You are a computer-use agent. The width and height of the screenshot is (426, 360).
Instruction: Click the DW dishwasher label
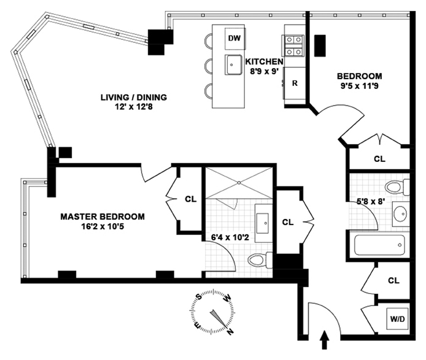(x=234, y=38)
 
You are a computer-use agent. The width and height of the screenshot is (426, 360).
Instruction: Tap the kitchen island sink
(x=233, y=64)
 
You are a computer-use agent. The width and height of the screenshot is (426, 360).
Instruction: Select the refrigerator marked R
(x=295, y=83)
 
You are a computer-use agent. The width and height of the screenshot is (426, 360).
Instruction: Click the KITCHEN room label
(x=264, y=62)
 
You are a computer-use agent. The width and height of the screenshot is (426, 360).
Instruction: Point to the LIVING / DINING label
(x=134, y=97)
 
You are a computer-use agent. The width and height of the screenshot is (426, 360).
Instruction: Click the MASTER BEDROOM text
(x=103, y=216)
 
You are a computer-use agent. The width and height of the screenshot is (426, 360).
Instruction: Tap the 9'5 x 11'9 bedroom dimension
(x=360, y=86)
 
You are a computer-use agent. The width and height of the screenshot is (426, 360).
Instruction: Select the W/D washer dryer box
(x=397, y=319)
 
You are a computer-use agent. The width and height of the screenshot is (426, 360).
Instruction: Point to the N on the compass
(x=230, y=332)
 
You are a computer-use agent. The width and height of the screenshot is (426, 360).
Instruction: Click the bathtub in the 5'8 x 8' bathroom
(x=379, y=245)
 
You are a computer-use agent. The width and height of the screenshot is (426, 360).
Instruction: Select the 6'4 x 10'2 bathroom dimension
(x=230, y=237)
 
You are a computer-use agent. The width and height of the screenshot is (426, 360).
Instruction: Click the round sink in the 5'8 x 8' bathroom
(x=400, y=213)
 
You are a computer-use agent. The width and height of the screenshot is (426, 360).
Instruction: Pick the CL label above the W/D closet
(x=393, y=280)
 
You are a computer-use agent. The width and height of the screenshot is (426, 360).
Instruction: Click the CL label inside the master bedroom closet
(x=190, y=199)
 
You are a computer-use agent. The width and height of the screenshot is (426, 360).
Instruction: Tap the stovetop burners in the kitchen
(x=294, y=45)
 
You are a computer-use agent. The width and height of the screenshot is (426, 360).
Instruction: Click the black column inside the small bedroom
(x=320, y=45)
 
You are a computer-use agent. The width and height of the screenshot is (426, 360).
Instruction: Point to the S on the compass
(x=199, y=296)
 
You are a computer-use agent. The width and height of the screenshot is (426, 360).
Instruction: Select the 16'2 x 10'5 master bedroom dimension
(x=103, y=226)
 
